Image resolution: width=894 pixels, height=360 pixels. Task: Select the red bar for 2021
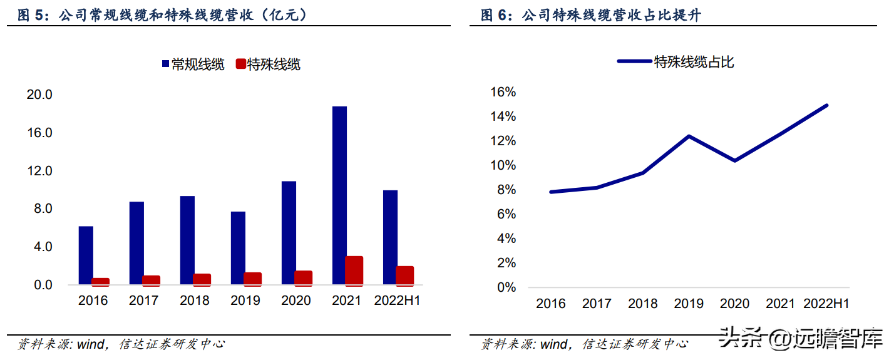tap(354, 270)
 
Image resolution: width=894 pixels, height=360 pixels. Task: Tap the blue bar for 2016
tap(86, 255)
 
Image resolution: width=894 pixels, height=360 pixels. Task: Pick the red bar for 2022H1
tap(405, 275)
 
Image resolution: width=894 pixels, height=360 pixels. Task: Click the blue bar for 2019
tap(238, 248)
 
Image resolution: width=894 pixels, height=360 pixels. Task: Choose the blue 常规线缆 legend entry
tap(193, 64)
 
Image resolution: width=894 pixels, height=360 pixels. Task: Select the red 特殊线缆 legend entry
tap(268, 64)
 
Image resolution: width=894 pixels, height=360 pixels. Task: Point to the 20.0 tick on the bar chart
tap(39, 95)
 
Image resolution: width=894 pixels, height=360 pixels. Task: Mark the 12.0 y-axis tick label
tap(39, 171)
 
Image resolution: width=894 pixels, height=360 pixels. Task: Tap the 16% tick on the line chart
tap(503, 92)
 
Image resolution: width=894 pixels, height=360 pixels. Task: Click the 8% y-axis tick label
tap(506, 190)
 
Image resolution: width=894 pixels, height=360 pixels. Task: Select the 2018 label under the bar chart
tap(195, 301)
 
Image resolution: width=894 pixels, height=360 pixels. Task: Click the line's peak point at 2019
tap(689, 136)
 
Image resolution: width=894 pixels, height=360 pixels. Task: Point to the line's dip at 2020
tap(734, 161)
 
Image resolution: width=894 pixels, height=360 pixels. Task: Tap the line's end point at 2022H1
tap(826, 105)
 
